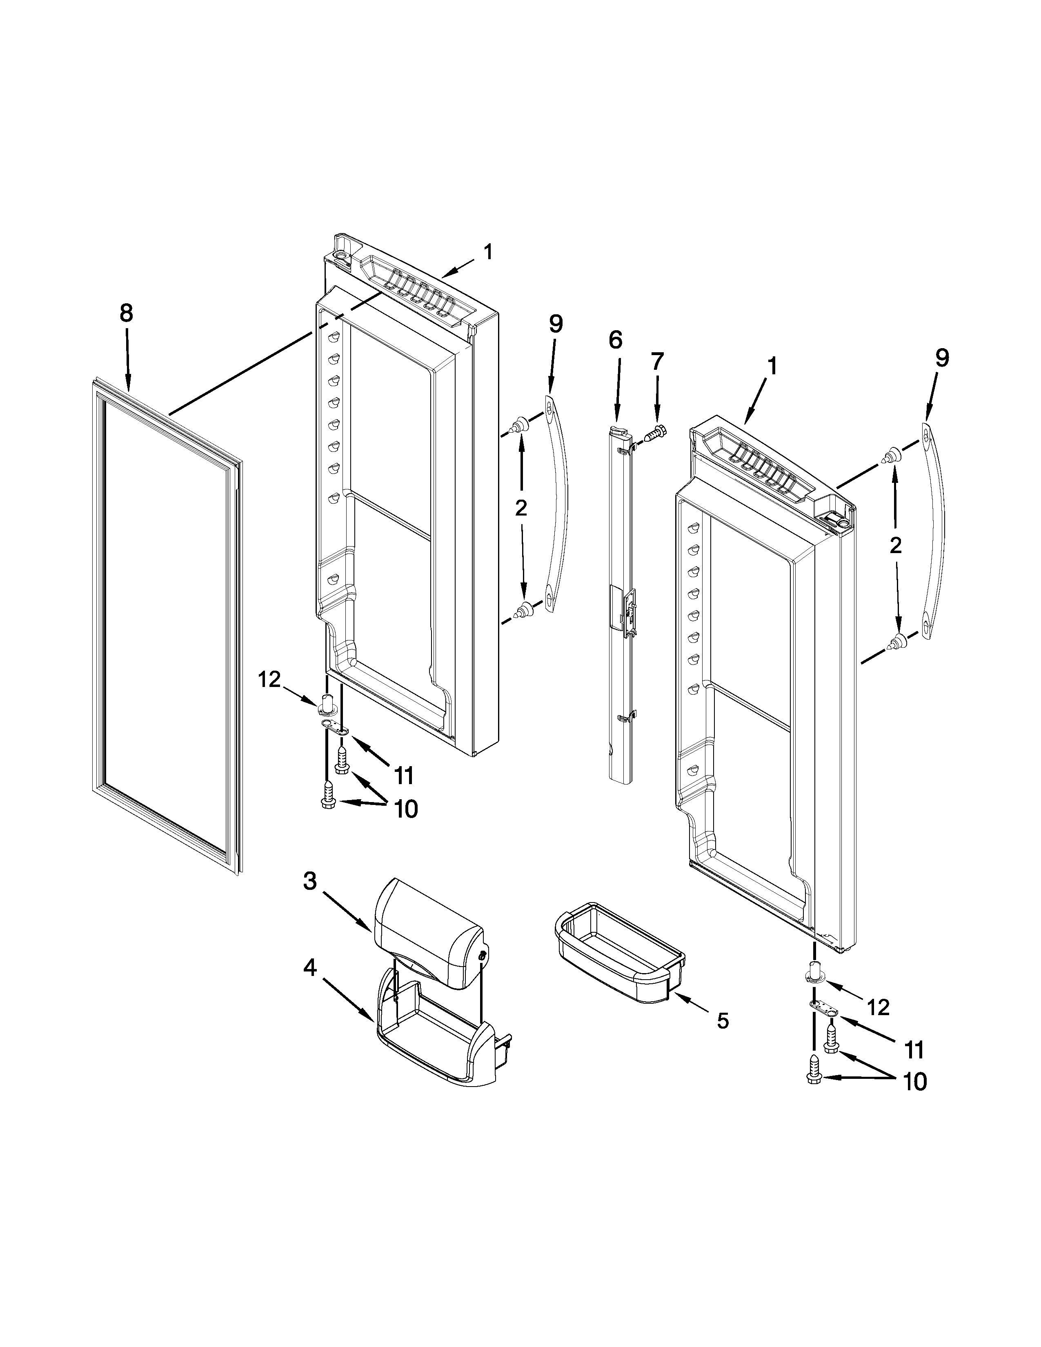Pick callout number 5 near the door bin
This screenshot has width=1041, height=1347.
pyautogui.click(x=723, y=1021)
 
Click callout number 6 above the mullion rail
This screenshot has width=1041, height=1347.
pyautogui.click(x=616, y=340)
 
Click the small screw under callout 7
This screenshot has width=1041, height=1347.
pyautogui.click(x=654, y=432)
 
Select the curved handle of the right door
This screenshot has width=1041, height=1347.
pyautogui.click(x=936, y=530)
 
